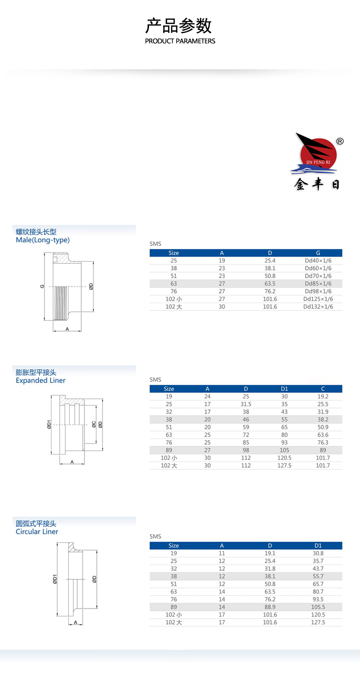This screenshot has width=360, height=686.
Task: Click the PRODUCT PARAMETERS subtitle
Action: coord(180,41)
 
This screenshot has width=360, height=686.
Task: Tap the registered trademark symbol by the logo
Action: coord(339,141)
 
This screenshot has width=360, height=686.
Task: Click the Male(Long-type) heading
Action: coord(43,240)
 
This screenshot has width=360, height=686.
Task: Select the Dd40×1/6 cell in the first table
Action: coord(318,261)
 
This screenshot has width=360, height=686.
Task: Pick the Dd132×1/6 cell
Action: coord(318,307)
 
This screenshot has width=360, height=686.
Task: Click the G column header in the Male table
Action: coord(318,253)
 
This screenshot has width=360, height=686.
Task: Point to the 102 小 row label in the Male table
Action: coord(174,299)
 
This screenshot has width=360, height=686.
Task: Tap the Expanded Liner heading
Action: coord(41,381)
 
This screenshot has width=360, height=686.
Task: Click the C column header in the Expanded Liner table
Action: coord(323,389)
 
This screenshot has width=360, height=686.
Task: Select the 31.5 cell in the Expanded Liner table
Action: coord(246,404)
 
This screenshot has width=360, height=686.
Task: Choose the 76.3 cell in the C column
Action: coord(323,443)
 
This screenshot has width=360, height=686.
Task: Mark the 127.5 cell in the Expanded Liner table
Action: coord(284,465)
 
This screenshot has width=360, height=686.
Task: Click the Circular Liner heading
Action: coord(37,532)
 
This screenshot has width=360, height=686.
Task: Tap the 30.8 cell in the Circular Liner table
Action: coord(318,553)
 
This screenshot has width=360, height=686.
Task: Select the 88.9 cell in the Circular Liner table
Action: coord(270,607)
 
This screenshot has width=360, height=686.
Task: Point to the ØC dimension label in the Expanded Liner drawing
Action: coord(93,424)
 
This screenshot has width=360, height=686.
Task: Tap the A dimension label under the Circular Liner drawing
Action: coord(75,622)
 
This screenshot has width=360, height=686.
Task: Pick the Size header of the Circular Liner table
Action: coord(174,546)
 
